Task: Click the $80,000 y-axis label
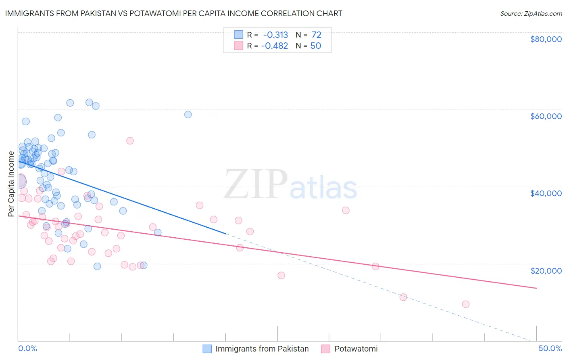[546, 39]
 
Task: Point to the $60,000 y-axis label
[546, 116]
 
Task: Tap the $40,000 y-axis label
[546, 193]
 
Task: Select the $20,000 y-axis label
[546, 270]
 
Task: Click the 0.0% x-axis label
[27, 348]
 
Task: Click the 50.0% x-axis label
[550, 348]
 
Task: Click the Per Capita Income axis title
[11, 184]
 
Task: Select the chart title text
[173, 14]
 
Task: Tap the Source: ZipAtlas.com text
[531, 14]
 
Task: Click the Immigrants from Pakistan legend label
[262, 349]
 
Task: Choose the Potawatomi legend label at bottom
[356, 349]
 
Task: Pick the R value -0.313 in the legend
[275, 35]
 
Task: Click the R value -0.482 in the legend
[275, 46]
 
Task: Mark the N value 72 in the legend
[316, 35]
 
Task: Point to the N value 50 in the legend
[315, 46]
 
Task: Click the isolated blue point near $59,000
[188, 115]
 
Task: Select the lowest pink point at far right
[466, 304]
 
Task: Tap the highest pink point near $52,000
[130, 141]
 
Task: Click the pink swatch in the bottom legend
[326, 349]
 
